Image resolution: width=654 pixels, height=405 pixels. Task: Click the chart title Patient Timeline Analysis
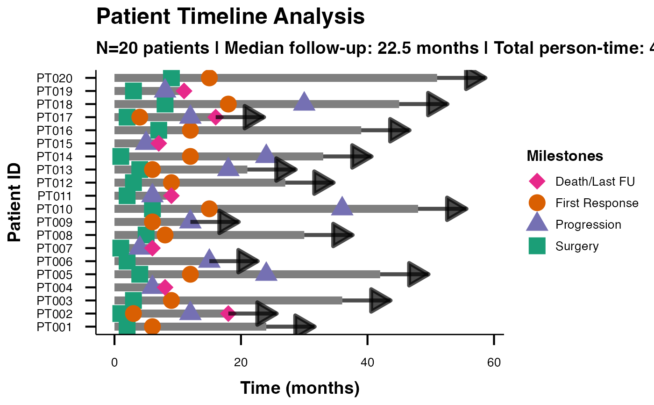tap(230, 16)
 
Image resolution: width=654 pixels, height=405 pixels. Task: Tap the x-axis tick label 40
tap(367, 362)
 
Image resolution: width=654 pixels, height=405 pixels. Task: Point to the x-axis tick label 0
tap(114, 362)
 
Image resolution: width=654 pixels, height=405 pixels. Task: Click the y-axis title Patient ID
tap(14, 202)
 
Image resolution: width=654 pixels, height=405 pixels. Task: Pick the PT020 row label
tap(55, 78)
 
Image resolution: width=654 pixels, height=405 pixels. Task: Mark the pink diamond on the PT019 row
tap(184, 91)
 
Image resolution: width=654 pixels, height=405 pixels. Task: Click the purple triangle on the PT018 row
tap(304, 101)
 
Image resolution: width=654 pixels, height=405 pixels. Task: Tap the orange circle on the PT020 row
tap(209, 78)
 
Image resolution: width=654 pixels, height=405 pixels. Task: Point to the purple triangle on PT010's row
tap(342, 206)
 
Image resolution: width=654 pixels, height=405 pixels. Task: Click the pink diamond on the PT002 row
tap(228, 313)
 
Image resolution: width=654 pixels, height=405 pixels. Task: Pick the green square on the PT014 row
tap(121, 157)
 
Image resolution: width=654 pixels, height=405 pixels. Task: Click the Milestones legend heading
tap(565, 156)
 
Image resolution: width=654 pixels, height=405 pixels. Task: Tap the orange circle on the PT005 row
tap(191, 275)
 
